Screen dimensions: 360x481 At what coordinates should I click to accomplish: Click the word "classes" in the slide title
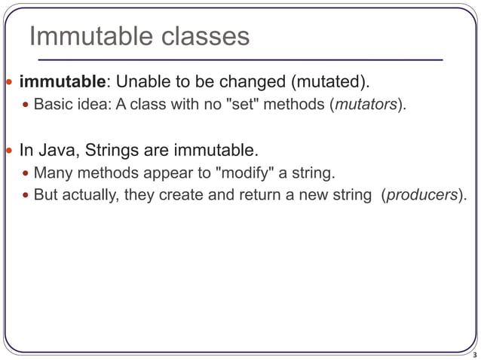point(202,36)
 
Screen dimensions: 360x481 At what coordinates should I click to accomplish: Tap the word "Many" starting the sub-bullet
point(51,174)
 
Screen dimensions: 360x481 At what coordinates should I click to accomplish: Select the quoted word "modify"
point(244,174)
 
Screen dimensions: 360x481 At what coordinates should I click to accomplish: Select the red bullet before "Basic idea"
point(26,105)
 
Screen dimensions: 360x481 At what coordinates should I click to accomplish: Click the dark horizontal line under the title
point(234,59)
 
